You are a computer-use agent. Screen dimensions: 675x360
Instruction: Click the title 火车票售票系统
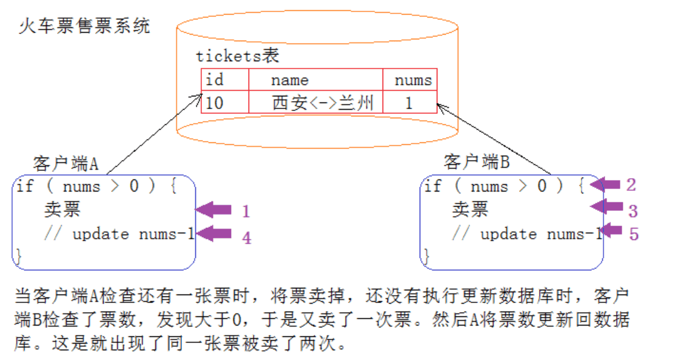[84, 26]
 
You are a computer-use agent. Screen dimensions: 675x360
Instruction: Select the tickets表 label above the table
[238, 56]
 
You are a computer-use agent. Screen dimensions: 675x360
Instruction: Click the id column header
[214, 79]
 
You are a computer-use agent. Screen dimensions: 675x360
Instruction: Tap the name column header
[290, 81]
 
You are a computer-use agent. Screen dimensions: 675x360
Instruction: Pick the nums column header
[413, 81]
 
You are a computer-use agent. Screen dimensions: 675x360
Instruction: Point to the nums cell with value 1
[409, 103]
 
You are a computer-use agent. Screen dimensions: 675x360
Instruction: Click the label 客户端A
[66, 164]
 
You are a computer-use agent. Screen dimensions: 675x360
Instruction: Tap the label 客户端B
[477, 162]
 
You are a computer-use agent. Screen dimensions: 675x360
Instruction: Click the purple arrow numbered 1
[213, 210]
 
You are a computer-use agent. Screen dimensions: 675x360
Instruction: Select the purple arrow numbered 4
[213, 233]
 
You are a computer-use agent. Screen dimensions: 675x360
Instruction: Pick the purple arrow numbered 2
[605, 184]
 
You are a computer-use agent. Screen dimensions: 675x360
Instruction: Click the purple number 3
[633, 211]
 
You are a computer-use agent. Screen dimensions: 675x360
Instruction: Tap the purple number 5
[634, 234]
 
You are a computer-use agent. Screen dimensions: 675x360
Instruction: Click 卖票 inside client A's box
[62, 210]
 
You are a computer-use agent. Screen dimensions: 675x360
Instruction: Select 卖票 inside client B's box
[470, 210]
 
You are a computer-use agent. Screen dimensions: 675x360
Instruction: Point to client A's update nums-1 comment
[119, 234]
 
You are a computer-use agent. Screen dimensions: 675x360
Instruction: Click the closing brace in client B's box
[426, 256]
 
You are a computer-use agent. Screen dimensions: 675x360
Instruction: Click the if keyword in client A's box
[24, 186]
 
